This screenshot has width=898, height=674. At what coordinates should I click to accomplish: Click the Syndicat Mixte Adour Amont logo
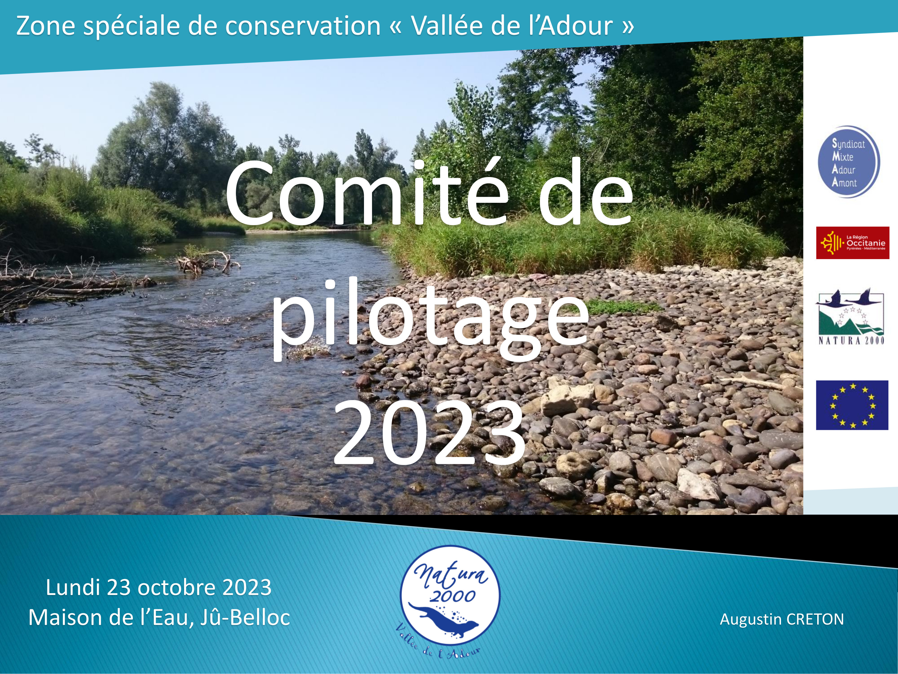[x=849, y=162]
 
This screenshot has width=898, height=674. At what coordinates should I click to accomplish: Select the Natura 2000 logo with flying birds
[x=850, y=316]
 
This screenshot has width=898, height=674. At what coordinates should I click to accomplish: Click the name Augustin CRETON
[x=782, y=619]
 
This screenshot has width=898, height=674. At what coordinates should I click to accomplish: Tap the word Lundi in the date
[x=73, y=587]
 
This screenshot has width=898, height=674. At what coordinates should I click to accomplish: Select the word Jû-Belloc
[x=245, y=617]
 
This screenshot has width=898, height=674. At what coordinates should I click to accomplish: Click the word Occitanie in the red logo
[x=866, y=243]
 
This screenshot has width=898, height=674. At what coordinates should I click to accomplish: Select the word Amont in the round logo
[x=844, y=182]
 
